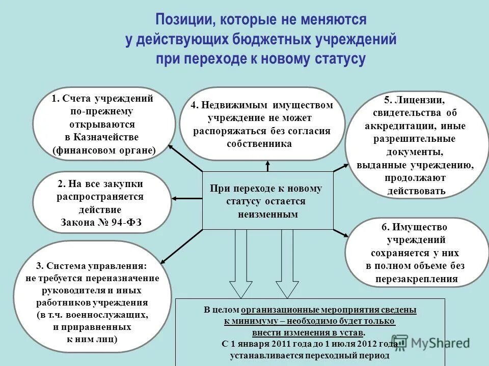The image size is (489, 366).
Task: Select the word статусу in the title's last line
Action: [x=336, y=58]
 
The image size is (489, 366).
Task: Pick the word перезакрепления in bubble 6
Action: [x=417, y=279]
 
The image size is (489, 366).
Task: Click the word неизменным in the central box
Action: [x=267, y=215]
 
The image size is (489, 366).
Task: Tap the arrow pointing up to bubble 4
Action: [x=268, y=166]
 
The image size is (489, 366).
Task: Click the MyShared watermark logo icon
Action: [x=400, y=343]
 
